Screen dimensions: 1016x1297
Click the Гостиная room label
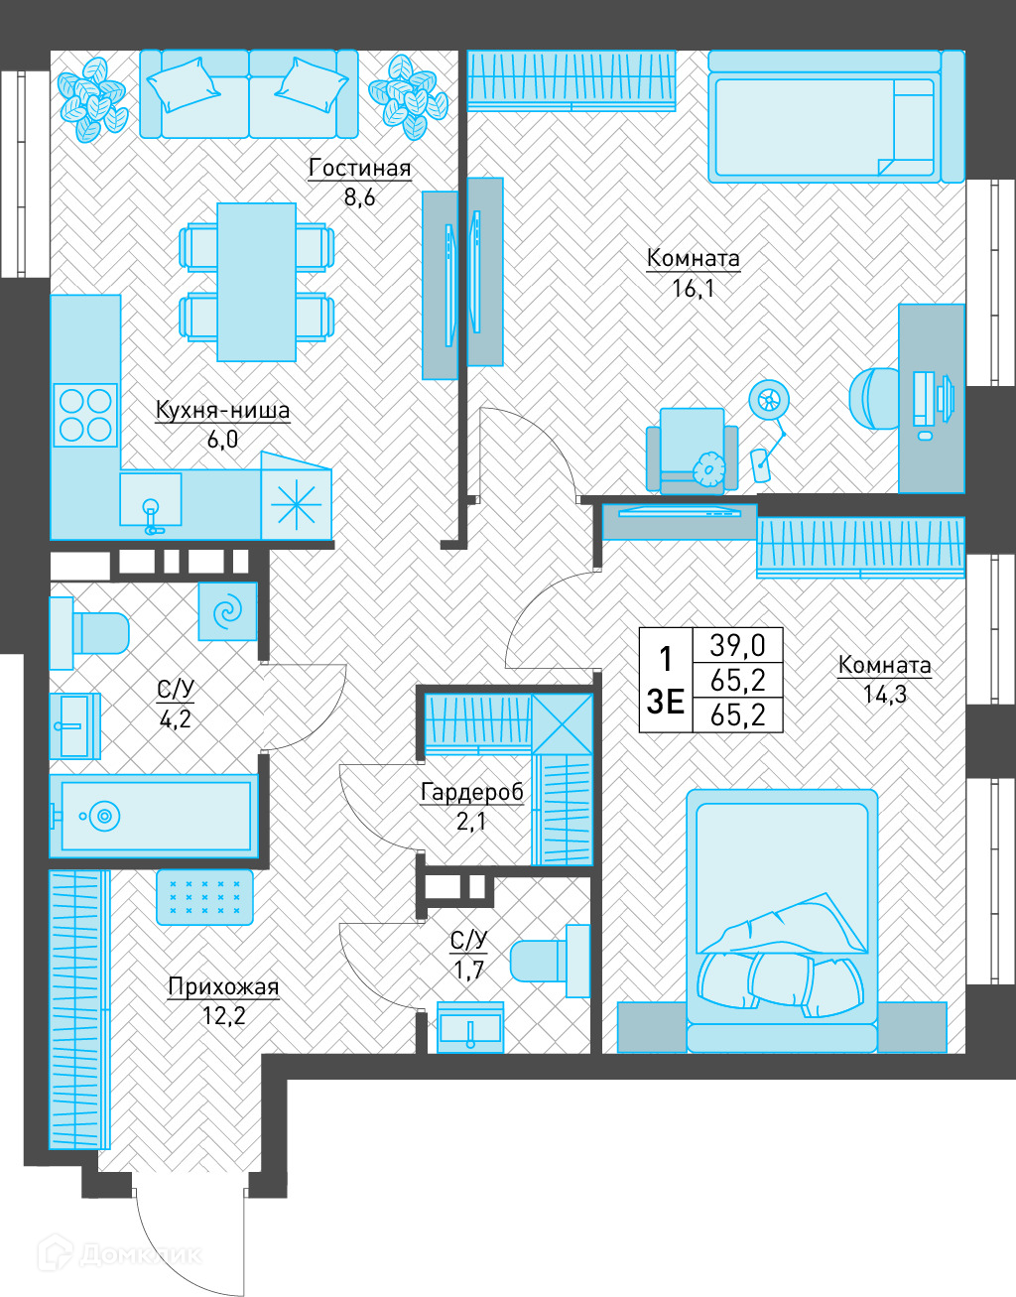(x=360, y=169)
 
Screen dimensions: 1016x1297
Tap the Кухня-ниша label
(x=222, y=411)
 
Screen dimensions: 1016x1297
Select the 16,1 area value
(x=694, y=289)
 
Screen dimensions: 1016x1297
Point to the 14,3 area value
(x=885, y=695)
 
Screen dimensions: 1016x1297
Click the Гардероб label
(x=472, y=792)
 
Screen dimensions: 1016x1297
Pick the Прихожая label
(x=223, y=987)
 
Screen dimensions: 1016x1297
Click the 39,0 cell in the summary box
(x=737, y=645)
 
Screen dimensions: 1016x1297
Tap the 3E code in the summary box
(x=665, y=702)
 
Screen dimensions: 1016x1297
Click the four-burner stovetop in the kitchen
(x=85, y=415)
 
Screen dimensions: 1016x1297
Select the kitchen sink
(x=151, y=499)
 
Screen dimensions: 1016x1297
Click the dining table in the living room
(x=257, y=282)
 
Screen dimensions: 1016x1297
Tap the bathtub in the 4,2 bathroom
(x=154, y=816)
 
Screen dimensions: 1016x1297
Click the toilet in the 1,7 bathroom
(x=550, y=961)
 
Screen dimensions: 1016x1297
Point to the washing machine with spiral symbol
(x=228, y=611)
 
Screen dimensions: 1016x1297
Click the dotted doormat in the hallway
(x=204, y=897)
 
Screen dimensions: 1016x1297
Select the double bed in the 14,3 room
(x=782, y=921)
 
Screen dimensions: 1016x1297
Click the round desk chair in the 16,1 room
(x=874, y=398)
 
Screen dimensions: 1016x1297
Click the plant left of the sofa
(x=92, y=99)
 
